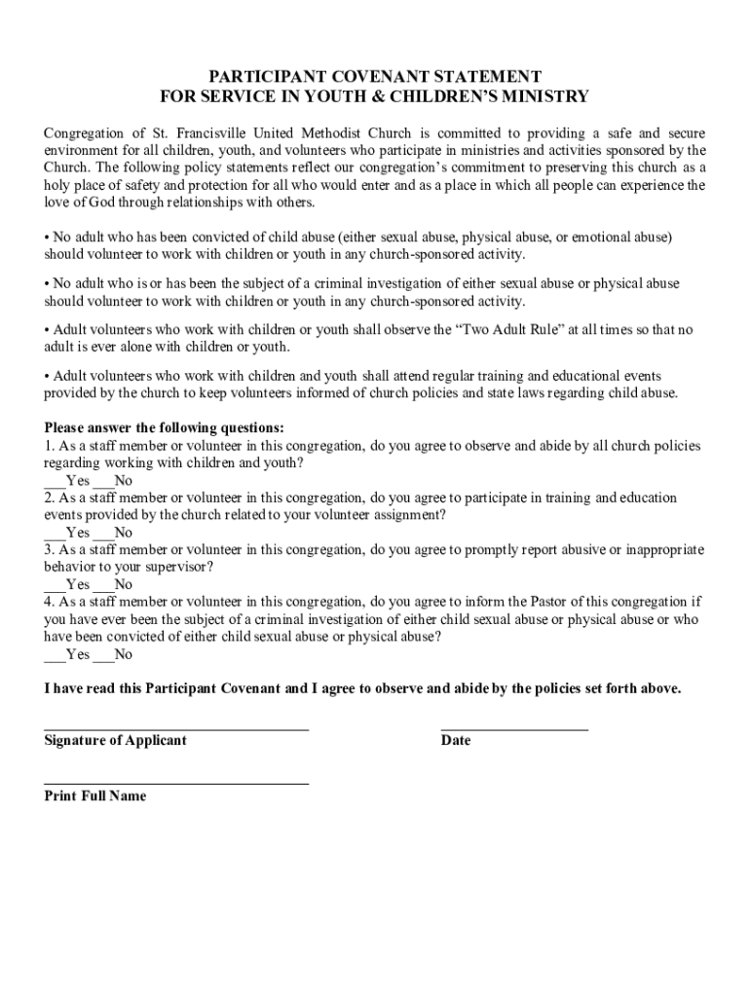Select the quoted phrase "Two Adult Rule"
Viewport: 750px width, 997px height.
(x=509, y=330)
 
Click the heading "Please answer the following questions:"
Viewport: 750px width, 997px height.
(x=164, y=428)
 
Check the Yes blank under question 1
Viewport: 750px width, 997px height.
(x=54, y=481)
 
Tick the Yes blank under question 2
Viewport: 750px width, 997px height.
(x=54, y=534)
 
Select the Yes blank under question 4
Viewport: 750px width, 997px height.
(x=54, y=655)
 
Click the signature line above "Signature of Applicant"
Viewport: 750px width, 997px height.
(x=176, y=728)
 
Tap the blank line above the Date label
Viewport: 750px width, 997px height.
(x=514, y=728)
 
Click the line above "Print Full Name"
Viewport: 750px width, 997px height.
(x=176, y=783)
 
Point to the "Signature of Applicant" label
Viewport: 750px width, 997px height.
(x=115, y=741)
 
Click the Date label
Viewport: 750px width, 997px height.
(x=456, y=741)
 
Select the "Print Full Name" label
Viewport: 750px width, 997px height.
(x=95, y=796)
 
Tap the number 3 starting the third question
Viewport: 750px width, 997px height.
(x=48, y=550)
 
